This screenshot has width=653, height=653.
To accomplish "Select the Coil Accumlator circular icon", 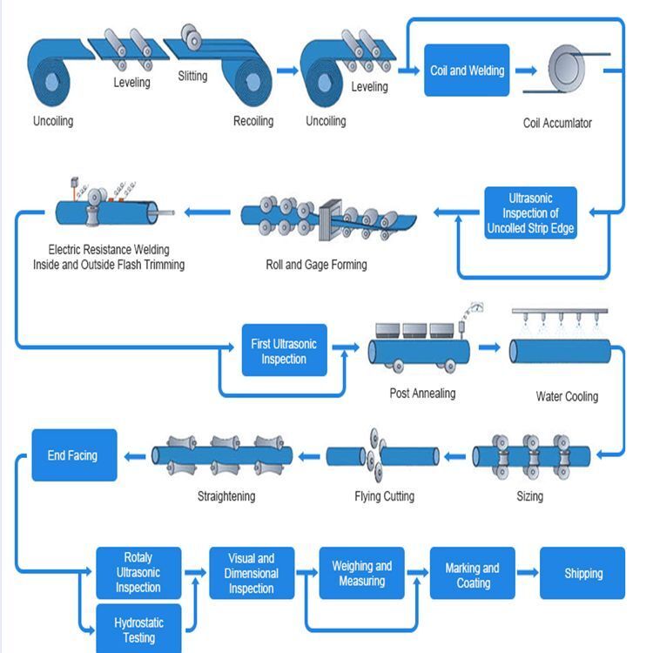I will (x=570, y=69).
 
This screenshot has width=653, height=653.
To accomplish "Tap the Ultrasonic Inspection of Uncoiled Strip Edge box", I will (x=530, y=213).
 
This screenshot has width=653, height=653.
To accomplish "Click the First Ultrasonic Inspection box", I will (x=284, y=351).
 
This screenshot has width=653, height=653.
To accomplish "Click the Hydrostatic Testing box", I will (x=138, y=629).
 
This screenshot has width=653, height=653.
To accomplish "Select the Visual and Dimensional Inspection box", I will (x=252, y=574).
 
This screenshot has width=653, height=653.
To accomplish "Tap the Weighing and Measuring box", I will (x=362, y=573).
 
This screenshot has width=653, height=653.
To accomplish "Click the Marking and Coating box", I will (x=473, y=575).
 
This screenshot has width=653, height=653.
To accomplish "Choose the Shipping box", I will (x=582, y=573).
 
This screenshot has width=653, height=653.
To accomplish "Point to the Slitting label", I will (x=192, y=76).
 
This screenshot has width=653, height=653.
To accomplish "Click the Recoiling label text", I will (x=253, y=121).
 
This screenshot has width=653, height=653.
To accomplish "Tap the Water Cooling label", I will (x=567, y=396).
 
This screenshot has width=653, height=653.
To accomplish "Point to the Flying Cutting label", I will (x=384, y=496).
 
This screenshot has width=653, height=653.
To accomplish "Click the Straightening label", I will (x=226, y=496).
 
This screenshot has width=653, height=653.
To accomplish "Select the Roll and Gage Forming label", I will (x=316, y=265).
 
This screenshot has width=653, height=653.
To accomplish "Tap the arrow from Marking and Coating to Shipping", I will (x=527, y=573).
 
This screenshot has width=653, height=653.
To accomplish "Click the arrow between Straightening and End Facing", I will (x=133, y=455).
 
